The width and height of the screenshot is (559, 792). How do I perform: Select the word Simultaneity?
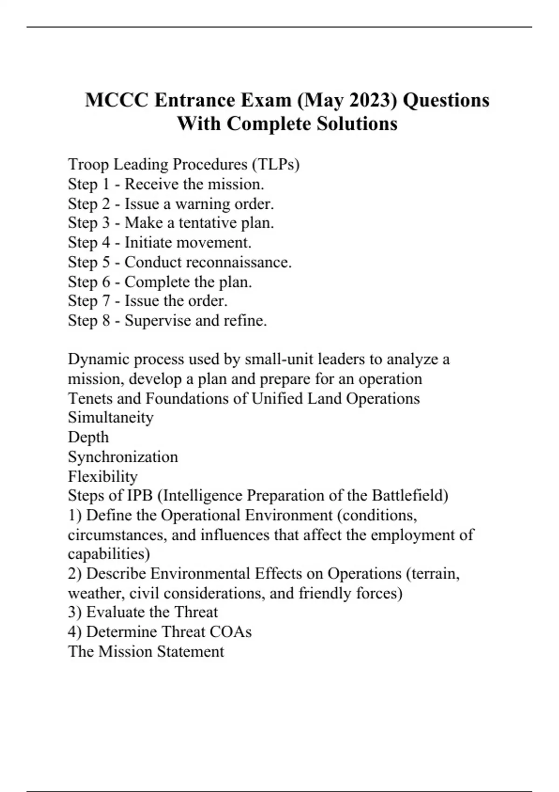tap(110, 417)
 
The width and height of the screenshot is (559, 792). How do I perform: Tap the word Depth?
tap(88, 437)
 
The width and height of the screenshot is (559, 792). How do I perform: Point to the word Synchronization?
tap(123, 457)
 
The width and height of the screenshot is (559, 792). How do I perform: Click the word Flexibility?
tap(102, 477)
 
